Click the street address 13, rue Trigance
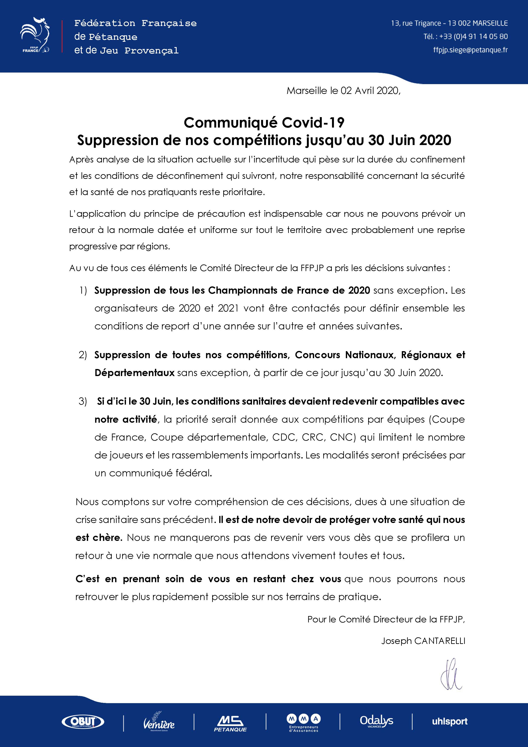click(416, 23)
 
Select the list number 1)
click(83, 290)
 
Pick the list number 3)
click(83, 401)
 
